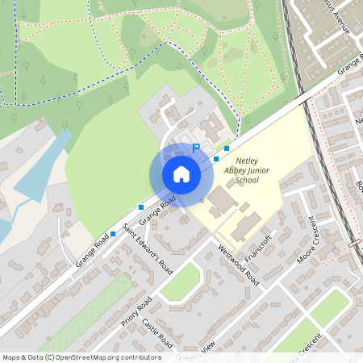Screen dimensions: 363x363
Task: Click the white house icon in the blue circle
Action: coord(181,173)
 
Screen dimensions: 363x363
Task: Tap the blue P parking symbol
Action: coord(195,149)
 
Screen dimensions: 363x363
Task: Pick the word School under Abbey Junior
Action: coord(247,181)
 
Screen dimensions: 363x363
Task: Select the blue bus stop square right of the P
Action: coord(227,148)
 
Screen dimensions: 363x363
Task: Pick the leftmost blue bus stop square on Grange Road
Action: coord(112,233)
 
